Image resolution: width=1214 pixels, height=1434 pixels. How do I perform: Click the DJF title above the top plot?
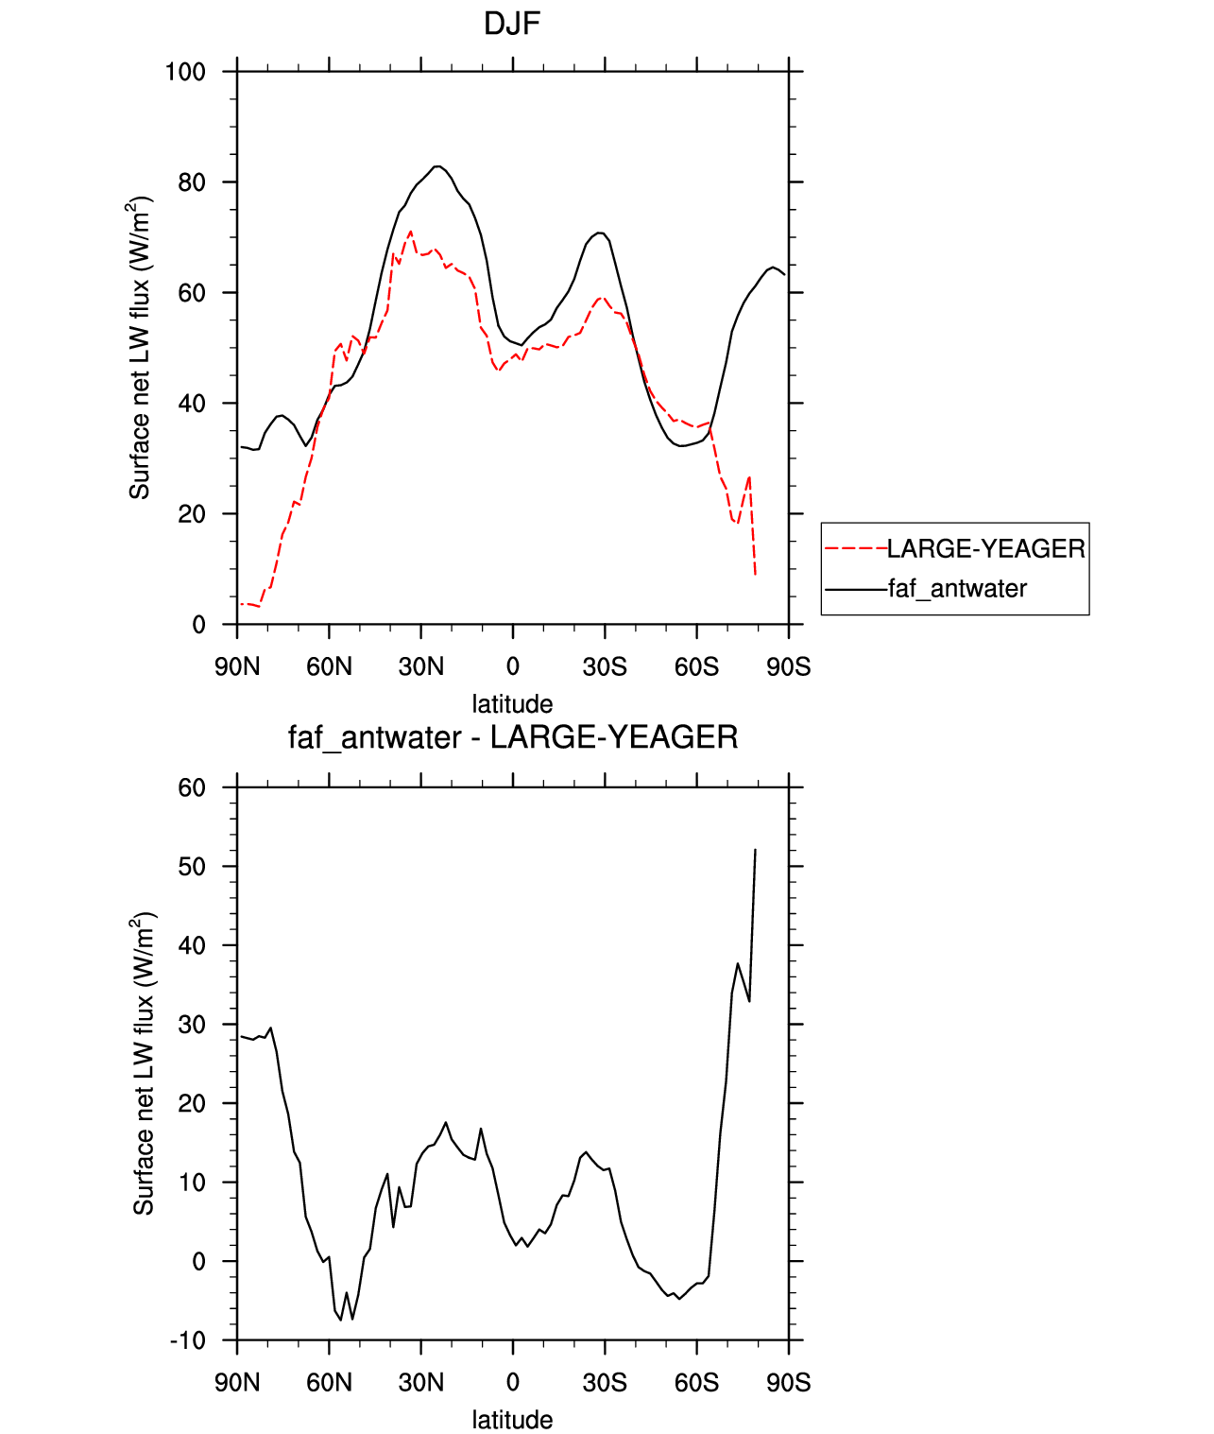click(x=512, y=25)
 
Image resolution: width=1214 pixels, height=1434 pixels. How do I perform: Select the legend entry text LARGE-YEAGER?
click(x=986, y=549)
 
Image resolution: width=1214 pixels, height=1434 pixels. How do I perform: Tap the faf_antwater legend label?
click(x=957, y=588)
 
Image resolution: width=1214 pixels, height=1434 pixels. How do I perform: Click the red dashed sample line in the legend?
click(x=856, y=549)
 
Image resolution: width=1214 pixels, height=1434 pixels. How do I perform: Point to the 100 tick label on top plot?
click(x=185, y=72)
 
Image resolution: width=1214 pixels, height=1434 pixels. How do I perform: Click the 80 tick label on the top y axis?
click(x=192, y=182)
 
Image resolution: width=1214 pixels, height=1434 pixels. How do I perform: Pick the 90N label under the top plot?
click(x=237, y=666)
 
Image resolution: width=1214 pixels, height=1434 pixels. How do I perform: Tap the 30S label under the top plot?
click(x=605, y=666)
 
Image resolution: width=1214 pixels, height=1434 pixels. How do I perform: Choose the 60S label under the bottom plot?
click(x=697, y=1383)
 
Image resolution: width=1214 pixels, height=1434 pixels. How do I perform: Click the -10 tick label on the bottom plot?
click(x=188, y=1341)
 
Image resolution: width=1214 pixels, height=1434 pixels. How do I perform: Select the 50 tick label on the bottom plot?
click(x=192, y=867)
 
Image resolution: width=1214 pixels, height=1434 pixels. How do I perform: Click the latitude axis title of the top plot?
click(x=512, y=704)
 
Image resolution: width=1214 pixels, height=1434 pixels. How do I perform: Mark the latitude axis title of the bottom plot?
click(x=512, y=1420)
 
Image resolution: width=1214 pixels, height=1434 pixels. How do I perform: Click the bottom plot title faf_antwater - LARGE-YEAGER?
click(x=513, y=736)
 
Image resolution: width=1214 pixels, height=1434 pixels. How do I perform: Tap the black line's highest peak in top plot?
click(x=437, y=166)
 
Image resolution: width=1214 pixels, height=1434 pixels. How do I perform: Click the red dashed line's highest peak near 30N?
click(x=411, y=231)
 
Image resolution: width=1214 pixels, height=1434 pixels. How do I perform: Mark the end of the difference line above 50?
click(x=755, y=849)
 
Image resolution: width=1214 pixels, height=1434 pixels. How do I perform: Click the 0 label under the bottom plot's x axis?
click(x=512, y=1383)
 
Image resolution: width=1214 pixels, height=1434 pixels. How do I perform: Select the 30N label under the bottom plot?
click(x=420, y=1383)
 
